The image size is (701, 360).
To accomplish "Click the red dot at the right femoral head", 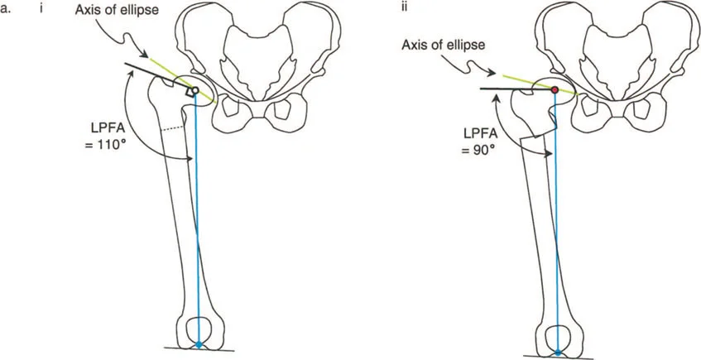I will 555,87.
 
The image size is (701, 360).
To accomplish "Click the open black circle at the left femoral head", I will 197,90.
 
